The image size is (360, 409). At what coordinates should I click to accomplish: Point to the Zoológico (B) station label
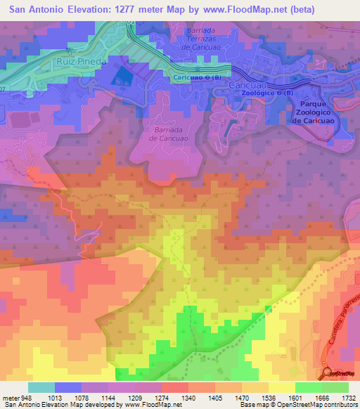tap(264, 93)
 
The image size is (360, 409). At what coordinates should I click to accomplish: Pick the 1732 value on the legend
tap(349, 397)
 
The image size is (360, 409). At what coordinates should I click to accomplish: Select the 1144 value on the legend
tap(108, 397)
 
